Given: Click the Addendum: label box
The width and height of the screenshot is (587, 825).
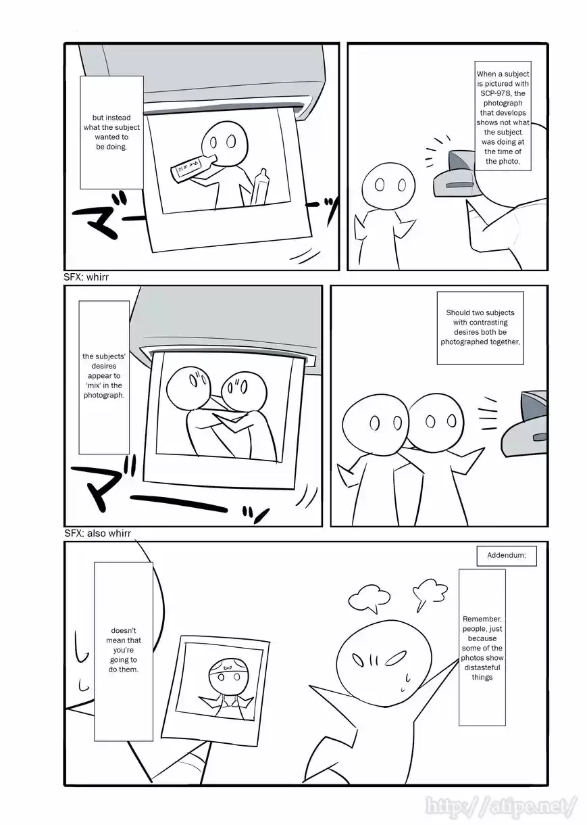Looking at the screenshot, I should click(x=507, y=556).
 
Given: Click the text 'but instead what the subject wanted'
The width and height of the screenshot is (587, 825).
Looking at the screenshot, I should click(x=111, y=132).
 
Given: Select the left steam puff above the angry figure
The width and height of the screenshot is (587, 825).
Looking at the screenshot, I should click(x=369, y=597).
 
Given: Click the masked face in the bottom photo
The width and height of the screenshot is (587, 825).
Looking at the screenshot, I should click(x=226, y=673).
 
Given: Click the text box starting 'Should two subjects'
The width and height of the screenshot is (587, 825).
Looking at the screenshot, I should click(x=480, y=328).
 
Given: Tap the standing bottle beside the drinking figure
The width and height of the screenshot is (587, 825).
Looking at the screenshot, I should click(x=260, y=187).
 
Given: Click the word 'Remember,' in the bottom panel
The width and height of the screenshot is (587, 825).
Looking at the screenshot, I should click(x=482, y=619).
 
